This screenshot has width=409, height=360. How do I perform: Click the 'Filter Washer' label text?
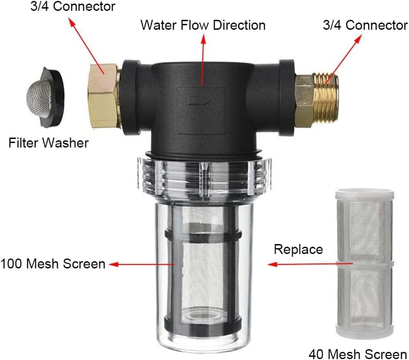click(x=49, y=144)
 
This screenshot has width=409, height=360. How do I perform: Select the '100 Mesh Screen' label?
click(x=53, y=263)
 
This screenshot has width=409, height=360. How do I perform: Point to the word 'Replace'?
click(x=298, y=249)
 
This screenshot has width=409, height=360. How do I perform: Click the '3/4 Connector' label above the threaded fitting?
click(x=365, y=25)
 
